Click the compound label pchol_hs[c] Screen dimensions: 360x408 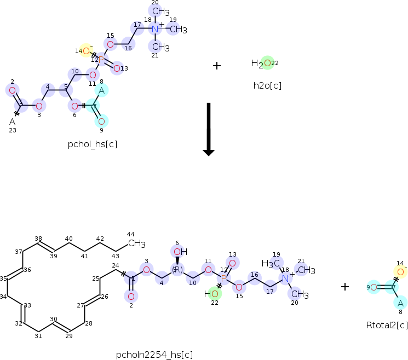click(93, 144)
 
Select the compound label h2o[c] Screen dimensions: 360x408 click(267, 85)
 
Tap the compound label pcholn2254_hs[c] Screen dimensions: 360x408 click(154, 355)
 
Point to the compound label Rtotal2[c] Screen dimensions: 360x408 click(387, 325)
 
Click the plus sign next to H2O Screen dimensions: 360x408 click(217, 66)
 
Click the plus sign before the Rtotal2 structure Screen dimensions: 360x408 click(345, 286)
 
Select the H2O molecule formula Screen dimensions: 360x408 click(261, 63)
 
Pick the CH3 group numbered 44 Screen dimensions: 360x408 click(136, 243)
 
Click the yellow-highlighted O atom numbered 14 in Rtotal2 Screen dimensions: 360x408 click(401, 272)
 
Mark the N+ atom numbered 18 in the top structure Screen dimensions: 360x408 click(155, 29)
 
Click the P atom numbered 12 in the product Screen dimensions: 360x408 click(224, 278)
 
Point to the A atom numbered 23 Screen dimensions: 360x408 click(12, 121)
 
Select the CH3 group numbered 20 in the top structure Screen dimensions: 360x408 click(160, 11)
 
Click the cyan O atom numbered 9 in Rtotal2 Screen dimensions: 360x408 click(373, 287)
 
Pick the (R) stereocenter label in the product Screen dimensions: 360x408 click(177, 269)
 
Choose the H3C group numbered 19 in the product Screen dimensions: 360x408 click(270, 264)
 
